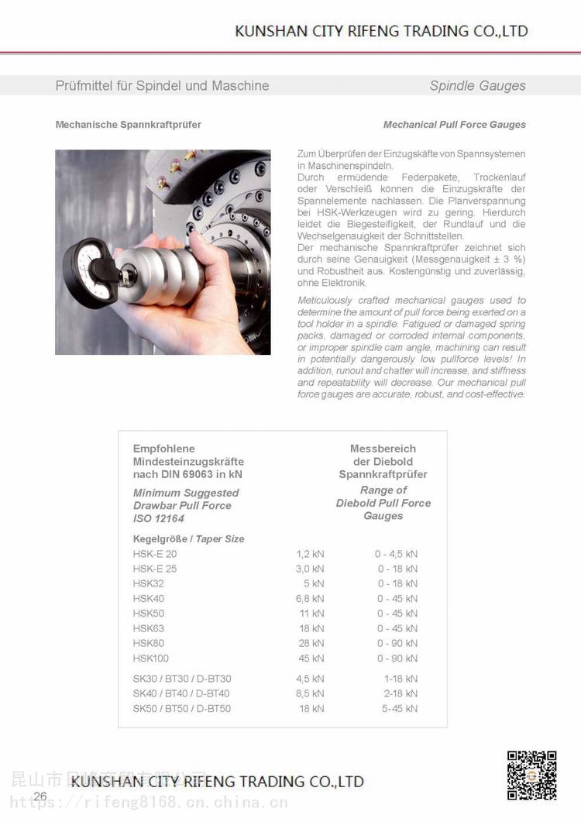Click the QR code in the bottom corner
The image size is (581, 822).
pos(532,775)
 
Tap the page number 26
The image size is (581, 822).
pos(40,796)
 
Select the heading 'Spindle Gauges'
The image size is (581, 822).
pos(477,86)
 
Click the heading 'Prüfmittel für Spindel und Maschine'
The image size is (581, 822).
pos(162,86)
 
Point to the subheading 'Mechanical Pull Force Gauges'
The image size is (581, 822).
pos(454,124)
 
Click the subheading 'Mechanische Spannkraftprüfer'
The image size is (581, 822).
pos(128,124)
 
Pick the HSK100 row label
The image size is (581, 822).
pos(150,658)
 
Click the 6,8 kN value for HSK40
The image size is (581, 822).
pos(310,598)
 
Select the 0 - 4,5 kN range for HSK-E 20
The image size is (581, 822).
pos(396,554)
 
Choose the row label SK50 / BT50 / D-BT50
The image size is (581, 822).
pos(181,708)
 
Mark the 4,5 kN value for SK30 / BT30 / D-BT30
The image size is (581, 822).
pos(310,679)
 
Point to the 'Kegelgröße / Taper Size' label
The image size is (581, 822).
pos(188,538)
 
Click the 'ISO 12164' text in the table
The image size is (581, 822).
pos(159,518)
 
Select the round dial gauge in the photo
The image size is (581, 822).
pos(85,263)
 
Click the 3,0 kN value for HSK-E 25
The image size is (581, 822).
pos(310,569)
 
